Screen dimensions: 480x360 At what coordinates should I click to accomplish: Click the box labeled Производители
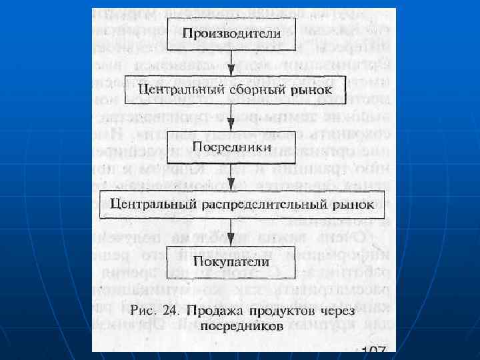tap(229, 33)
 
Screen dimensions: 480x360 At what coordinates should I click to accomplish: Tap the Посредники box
tap(229, 145)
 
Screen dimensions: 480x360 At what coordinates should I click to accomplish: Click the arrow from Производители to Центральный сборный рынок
tap(229, 62)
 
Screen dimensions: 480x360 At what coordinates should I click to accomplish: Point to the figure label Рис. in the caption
tap(144, 311)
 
